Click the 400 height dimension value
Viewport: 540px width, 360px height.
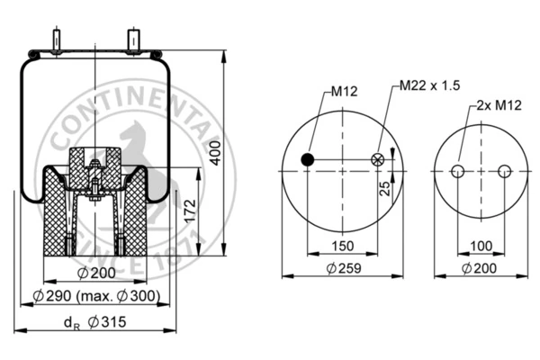pos(215,153)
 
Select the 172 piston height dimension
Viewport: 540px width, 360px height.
pos(190,211)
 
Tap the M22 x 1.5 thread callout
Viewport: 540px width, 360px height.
pos(430,85)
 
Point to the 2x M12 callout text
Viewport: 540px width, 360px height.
pos(499,105)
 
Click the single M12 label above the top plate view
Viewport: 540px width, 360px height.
pos(344,91)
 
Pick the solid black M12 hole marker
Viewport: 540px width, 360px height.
pos(308,159)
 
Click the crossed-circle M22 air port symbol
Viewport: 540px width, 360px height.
pos(378,159)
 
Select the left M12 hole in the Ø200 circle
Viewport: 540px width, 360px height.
pos(458,171)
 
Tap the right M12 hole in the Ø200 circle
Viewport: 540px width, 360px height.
pos(505,171)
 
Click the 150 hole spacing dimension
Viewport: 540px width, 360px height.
pos(343,246)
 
